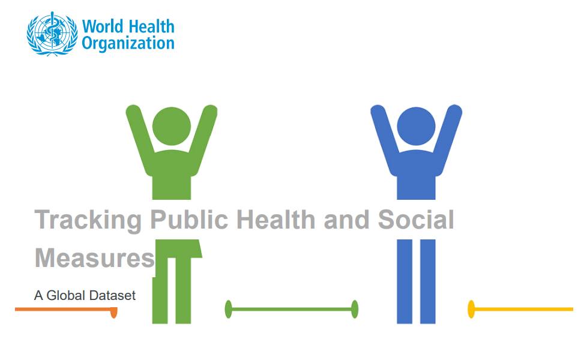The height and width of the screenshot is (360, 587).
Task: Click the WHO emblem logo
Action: [x=52, y=34]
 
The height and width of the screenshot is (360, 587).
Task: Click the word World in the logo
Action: [x=103, y=27]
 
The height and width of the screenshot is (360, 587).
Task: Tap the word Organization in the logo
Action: [x=128, y=43]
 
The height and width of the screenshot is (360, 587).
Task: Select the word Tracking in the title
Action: [x=88, y=221]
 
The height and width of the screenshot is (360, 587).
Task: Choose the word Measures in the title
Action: [x=95, y=258]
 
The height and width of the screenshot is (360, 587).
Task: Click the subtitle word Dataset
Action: [x=112, y=295]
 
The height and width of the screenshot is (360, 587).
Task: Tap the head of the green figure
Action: [x=172, y=126]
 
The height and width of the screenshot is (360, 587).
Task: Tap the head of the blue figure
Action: [x=416, y=126]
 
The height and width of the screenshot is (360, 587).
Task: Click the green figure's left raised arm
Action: [x=140, y=139]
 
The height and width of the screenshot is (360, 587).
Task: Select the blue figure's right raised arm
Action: [x=447, y=139]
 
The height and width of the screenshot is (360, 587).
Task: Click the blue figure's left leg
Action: [x=405, y=281]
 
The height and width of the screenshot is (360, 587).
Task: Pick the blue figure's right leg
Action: [x=427, y=281]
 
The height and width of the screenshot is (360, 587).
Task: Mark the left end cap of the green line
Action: [x=228, y=309]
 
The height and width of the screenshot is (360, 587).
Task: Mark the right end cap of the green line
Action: [x=355, y=309]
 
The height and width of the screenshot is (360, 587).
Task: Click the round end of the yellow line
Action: [x=471, y=309]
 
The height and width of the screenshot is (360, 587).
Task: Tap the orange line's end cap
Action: [x=114, y=313]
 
